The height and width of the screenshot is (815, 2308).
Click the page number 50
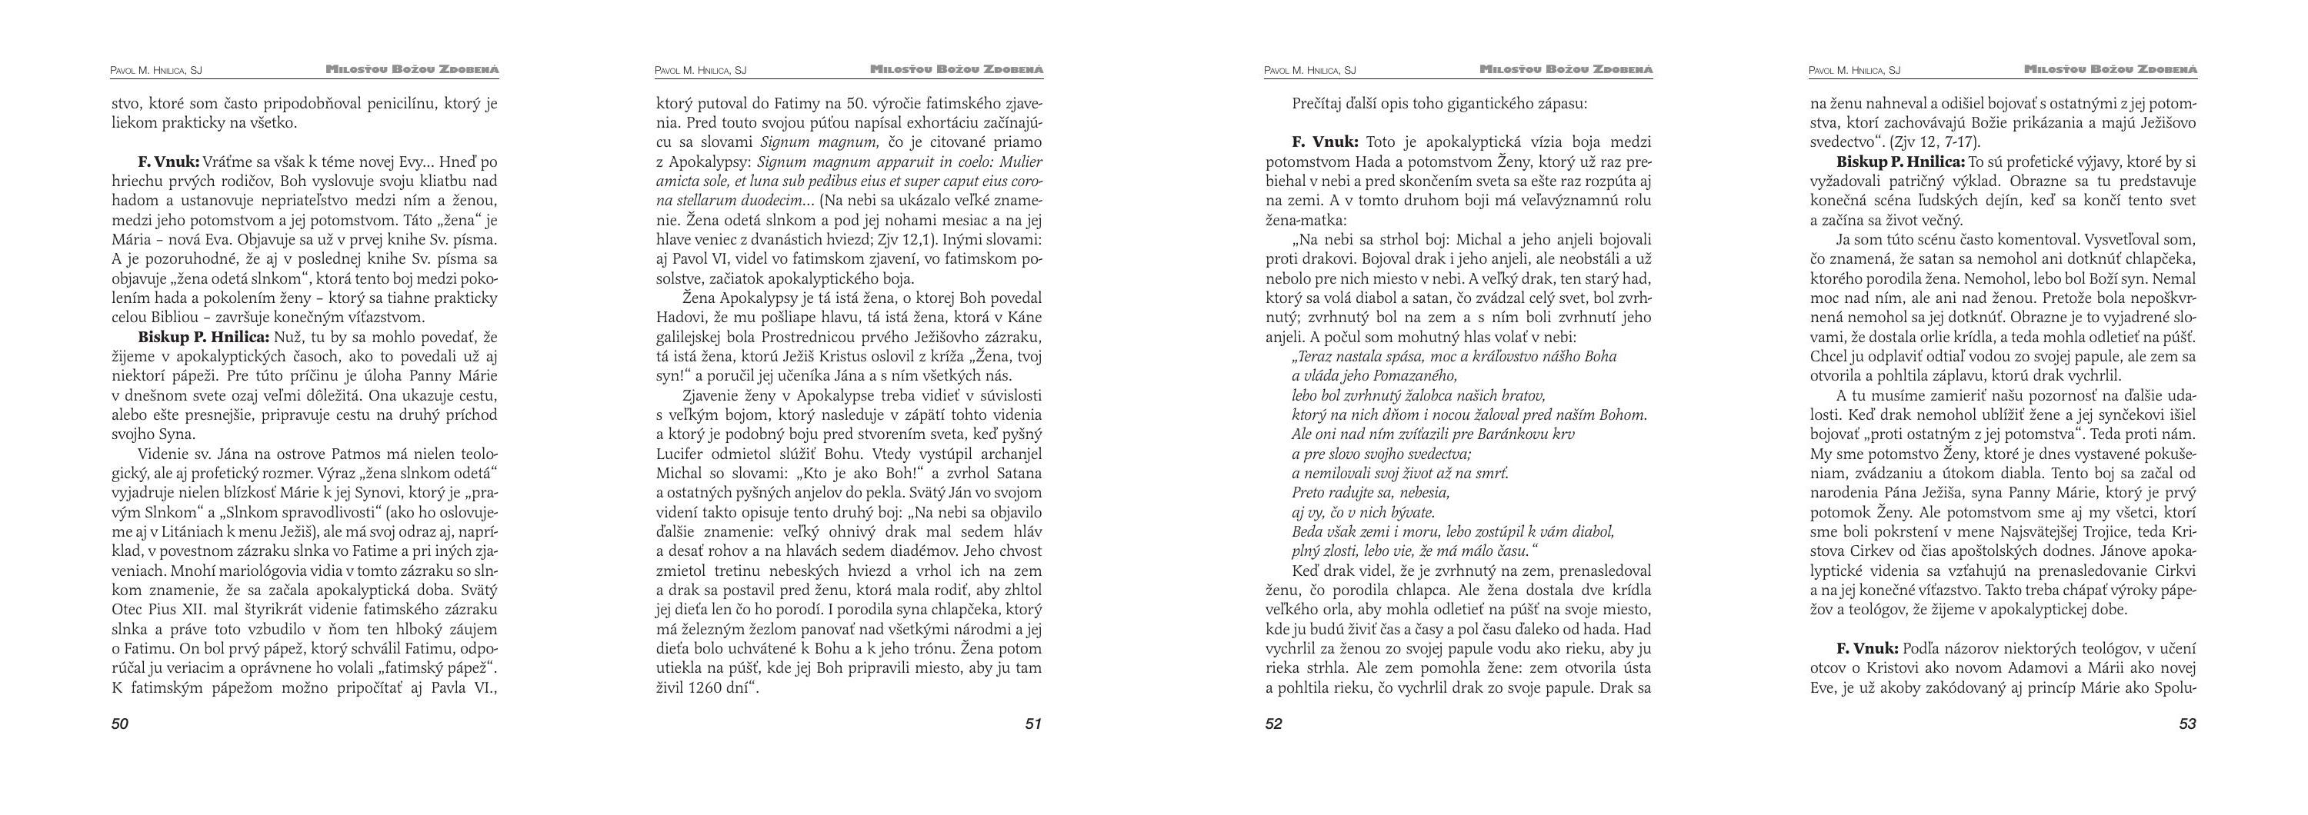120,724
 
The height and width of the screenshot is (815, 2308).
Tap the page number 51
1033,724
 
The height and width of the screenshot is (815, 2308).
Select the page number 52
1274,724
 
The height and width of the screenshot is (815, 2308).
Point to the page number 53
2187,724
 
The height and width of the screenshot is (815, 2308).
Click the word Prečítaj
1322,104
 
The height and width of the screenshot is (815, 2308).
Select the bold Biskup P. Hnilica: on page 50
203,338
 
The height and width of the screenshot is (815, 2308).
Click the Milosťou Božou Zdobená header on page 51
957,69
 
